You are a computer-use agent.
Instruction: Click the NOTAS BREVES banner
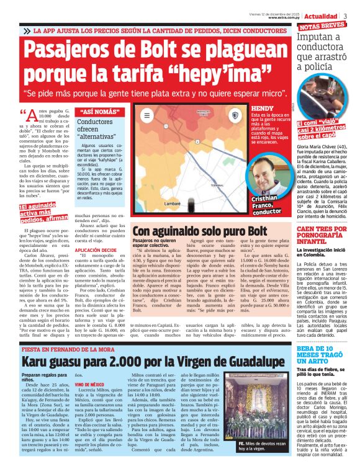pos(322,26)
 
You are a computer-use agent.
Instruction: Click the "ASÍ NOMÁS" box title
pos(100,112)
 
